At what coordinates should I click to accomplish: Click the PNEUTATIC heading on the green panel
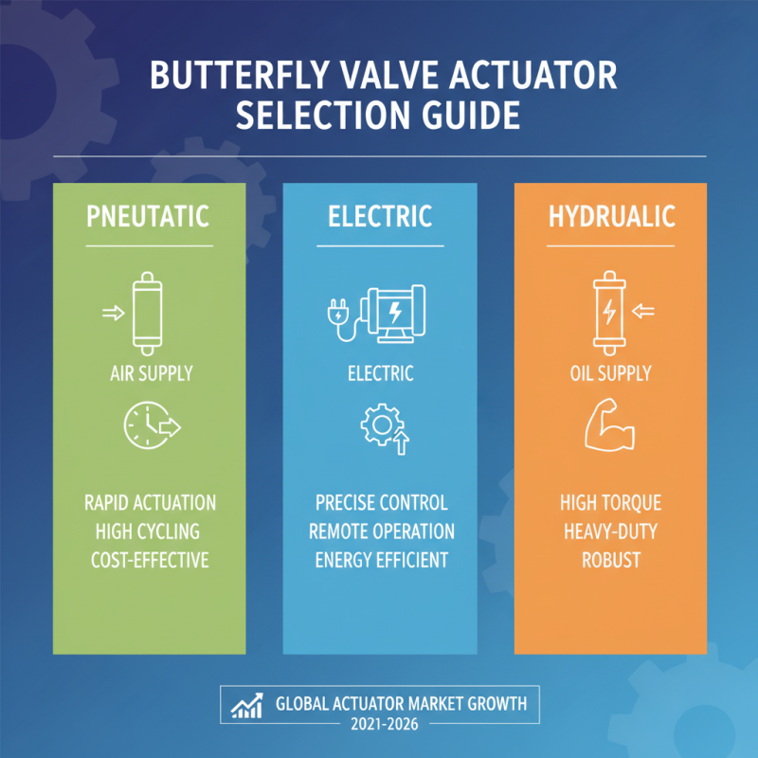click(x=148, y=216)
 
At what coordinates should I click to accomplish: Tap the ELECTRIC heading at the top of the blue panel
click(x=380, y=216)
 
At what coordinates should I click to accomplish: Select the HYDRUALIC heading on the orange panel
click(x=611, y=216)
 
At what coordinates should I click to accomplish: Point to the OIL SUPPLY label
click(x=611, y=373)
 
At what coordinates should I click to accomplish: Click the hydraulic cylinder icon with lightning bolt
click(x=605, y=309)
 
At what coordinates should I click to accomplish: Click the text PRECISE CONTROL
click(x=380, y=502)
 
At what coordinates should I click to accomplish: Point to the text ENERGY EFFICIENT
click(x=380, y=560)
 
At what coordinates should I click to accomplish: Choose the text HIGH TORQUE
click(x=611, y=502)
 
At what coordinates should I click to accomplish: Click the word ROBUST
click(x=611, y=560)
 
